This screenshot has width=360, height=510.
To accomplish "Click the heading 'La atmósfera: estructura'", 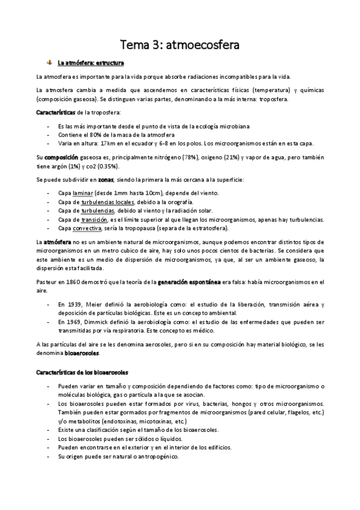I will (x=91, y=63).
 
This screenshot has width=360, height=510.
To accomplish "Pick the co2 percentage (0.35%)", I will (x=106, y=166).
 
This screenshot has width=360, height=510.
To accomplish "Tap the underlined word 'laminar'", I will (x=82, y=193).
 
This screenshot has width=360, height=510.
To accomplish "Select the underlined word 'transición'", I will (x=94, y=220).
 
